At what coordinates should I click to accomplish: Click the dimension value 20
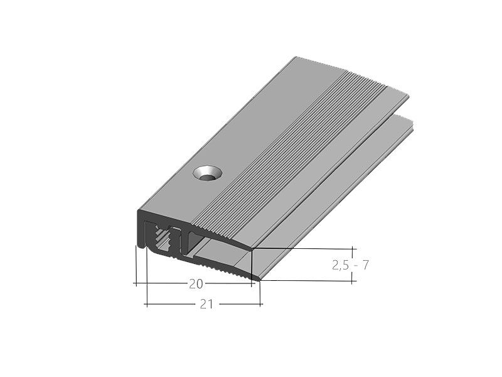point(196,284)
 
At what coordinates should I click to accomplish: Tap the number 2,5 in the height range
point(341,265)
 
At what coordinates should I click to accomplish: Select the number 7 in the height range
point(365,265)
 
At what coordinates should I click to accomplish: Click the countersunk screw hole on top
point(206,172)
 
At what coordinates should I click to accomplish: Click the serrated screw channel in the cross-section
point(162,239)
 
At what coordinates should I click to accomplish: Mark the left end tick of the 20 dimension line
point(136,284)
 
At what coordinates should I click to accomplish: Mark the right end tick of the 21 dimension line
point(262,304)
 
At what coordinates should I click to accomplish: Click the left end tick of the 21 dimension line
point(146,304)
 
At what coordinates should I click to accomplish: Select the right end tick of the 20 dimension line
point(253,284)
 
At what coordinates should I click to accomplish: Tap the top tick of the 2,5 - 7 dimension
point(353,249)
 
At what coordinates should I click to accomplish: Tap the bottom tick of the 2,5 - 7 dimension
point(353,281)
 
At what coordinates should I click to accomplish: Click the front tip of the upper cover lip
point(252,249)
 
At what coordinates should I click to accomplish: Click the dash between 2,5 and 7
point(355,265)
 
